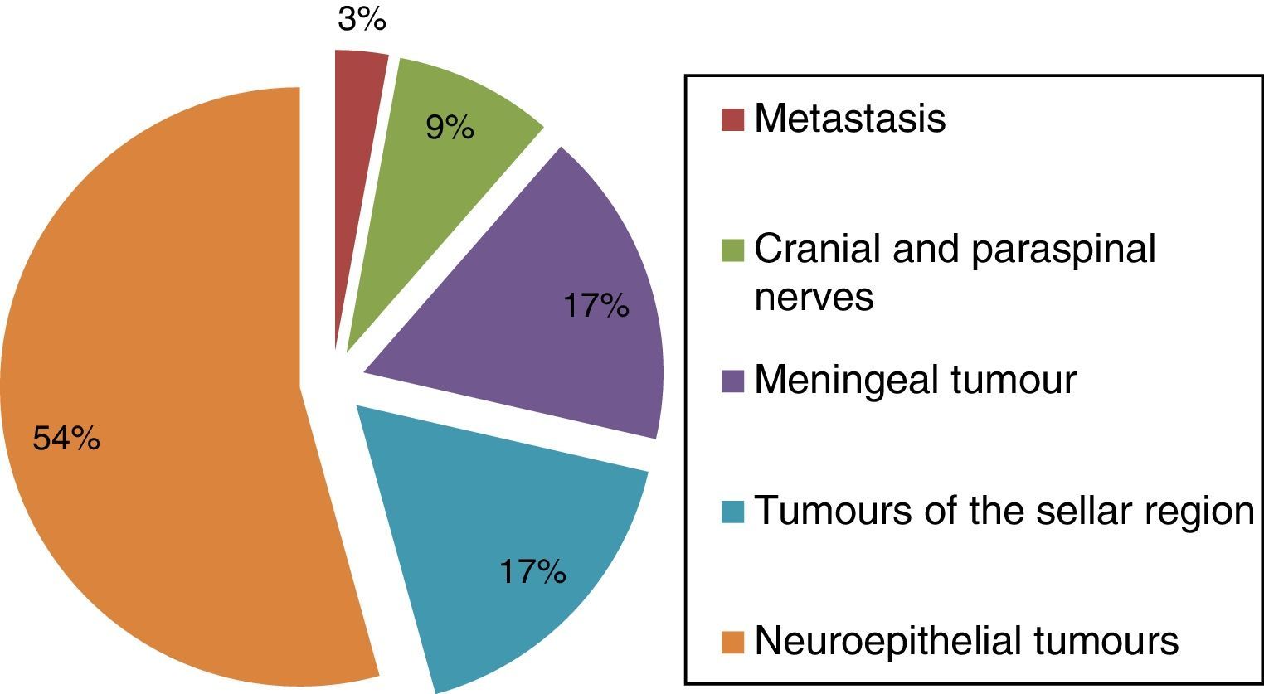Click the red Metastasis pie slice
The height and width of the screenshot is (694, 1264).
click(355, 166)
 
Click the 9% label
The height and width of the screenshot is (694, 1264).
click(450, 128)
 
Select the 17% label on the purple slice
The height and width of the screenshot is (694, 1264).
click(596, 306)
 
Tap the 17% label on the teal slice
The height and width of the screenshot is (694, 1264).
click(532, 571)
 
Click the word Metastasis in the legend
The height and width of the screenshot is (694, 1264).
click(850, 119)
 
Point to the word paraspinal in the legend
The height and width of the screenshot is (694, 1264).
click(1064, 249)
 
